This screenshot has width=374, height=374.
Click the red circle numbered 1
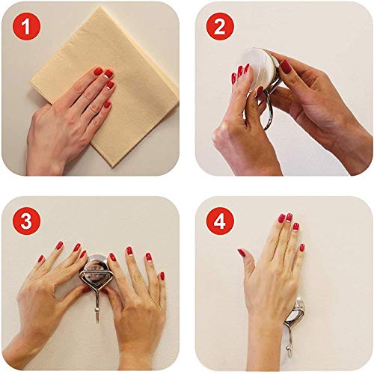coord(26,26)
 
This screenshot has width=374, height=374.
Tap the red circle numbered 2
coord(220,26)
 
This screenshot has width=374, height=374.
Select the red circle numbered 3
coord(26,221)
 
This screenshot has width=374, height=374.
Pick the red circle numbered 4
coord(220,221)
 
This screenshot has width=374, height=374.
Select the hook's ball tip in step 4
coord(289,349)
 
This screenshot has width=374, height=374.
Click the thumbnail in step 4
coord(242,253)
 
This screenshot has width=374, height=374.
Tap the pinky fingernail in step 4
coord(302,248)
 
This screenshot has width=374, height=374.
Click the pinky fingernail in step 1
coord(107,105)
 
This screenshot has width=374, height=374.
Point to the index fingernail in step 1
coord(98,71)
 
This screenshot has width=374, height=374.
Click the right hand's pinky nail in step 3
coord(162,276)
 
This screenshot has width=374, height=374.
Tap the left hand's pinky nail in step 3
coord(40,259)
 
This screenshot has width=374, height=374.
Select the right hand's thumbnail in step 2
coord(286,67)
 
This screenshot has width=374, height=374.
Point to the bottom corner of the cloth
coord(113,167)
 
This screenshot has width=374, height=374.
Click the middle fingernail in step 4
coord(289,218)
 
